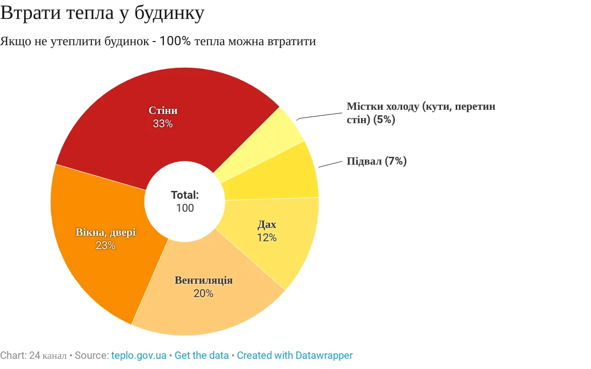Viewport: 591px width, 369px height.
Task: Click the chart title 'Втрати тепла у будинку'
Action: pyautogui.click(x=102, y=13)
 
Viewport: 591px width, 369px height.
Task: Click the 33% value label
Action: pyautogui.click(x=163, y=124)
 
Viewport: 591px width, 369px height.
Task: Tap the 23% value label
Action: pyautogui.click(x=105, y=245)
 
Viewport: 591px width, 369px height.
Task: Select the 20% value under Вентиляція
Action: pyautogui.click(x=203, y=293)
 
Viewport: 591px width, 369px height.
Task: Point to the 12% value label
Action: pyautogui.click(x=266, y=238)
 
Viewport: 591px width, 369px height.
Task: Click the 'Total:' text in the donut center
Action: pyautogui.click(x=185, y=195)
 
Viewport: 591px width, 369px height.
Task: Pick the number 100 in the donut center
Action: pyautogui.click(x=185, y=208)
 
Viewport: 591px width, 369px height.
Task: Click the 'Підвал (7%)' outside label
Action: pyautogui.click(x=376, y=161)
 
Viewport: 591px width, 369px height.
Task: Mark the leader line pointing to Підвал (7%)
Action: pyautogui.click(x=330, y=164)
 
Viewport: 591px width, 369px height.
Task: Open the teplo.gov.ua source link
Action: pyautogui.click(x=139, y=356)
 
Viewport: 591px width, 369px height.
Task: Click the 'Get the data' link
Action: pyautogui.click(x=202, y=356)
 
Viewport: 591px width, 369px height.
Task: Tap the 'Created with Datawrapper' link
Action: pyautogui.click(x=295, y=356)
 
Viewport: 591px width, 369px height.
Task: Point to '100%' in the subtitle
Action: pyautogui.click(x=175, y=41)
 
